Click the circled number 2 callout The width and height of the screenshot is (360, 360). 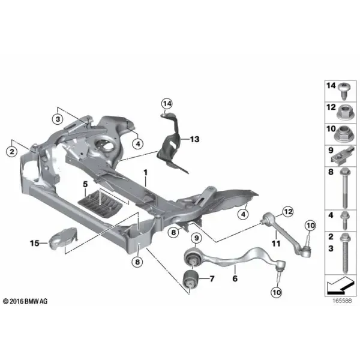click(12, 152)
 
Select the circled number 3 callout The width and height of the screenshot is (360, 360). click(58, 119)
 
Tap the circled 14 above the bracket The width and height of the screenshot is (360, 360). click(167, 104)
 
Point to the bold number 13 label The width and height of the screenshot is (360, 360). click(194, 139)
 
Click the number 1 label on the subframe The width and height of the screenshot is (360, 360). click(145, 172)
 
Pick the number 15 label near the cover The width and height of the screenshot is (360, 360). click(34, 243)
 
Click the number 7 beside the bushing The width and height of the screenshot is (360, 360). click(212, 279)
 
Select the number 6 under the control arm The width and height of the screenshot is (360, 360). click(235, 278)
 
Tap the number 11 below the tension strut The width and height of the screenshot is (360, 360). click(276, 244)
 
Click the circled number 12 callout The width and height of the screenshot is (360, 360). click(288, 212)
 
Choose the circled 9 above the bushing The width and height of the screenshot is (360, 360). click(197, 238)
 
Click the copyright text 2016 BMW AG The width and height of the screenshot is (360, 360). click(25, 301)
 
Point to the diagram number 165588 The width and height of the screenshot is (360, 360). click(342, 301)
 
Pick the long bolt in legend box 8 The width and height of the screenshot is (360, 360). click(345, 188)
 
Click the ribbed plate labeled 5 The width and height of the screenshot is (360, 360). click(100, 203)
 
